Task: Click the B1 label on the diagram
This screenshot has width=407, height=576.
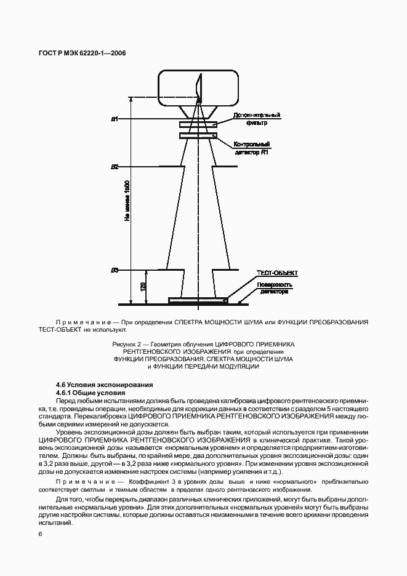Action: (x=114, y=119)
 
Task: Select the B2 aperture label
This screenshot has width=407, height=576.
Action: (x=114, y=167)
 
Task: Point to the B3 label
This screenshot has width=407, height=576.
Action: (x=114, y=270)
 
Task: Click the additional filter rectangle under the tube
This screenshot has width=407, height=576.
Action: (x=198, y=125)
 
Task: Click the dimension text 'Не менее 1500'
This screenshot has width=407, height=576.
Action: (x=127, y=201)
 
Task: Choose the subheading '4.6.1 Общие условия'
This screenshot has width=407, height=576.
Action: (x=90, y=393)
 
